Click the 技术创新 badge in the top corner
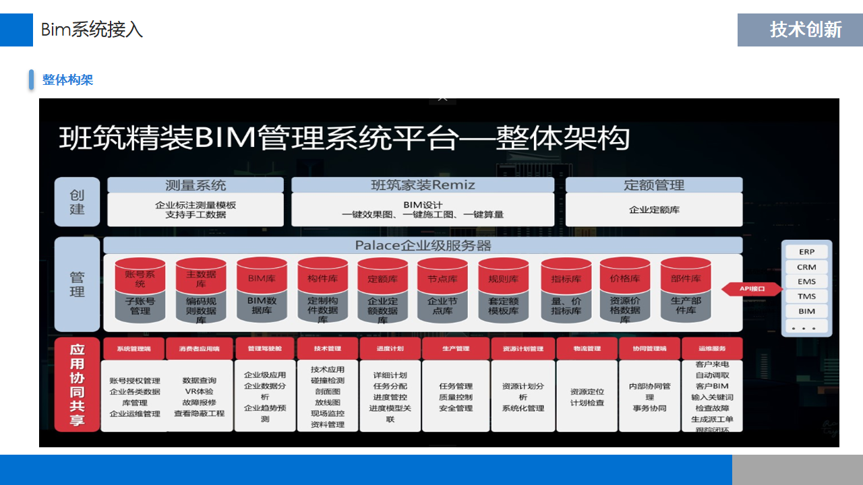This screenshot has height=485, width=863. click(800, 30)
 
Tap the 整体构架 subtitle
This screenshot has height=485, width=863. click(67, 80)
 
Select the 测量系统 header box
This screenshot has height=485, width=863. click(196, 185)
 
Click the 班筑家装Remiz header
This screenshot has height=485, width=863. click(423, 185)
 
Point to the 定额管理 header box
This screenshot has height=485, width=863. click(653, 185)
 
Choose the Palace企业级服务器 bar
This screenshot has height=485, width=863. click(423, 245)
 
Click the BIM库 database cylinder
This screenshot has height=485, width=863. click(262, 290)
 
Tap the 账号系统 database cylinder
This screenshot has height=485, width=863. click(140, 290)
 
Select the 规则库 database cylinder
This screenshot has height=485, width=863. click(503, 290)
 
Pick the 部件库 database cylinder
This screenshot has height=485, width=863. click(686, 290)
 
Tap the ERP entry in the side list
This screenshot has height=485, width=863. click(806, 252)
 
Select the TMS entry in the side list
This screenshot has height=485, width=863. click(806, 296)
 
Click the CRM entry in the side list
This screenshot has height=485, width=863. click(806, 267)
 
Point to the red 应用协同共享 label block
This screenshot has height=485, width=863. click(78, 385)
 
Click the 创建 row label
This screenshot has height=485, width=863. click(78, 202)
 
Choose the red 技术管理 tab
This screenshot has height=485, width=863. click(328, 349)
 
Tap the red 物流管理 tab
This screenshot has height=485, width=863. click(587, 349)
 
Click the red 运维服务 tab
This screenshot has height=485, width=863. click(712, 349)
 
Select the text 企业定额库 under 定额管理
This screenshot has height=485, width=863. click(653, 210)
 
